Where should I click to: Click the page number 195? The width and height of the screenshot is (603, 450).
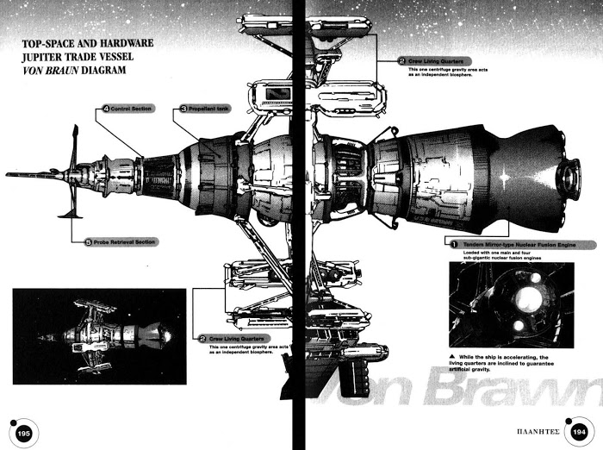tap(24, 434)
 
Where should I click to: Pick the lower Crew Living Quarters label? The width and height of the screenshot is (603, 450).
tap(235, 339)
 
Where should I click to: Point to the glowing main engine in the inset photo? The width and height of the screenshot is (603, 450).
tap(527, 298)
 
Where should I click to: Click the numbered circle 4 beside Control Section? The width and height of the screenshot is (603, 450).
tap(106, 109)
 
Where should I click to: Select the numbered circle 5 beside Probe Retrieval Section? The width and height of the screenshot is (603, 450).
tap(88, 242)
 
